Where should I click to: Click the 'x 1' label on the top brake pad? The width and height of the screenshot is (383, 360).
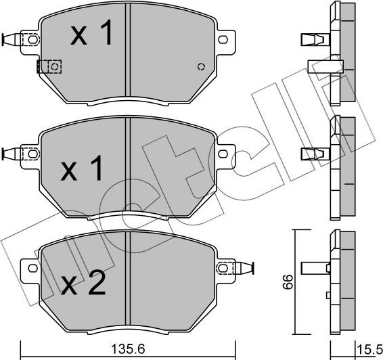[x=93, y=36]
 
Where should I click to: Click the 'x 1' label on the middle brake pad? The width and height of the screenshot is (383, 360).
[x=82, y=169]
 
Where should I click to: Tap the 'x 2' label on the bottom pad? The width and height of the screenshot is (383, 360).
[x=84, y=284]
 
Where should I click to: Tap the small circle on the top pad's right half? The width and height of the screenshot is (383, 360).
[x=200, y=66]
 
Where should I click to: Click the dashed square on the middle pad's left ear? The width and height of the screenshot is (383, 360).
[x=31, y=152]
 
